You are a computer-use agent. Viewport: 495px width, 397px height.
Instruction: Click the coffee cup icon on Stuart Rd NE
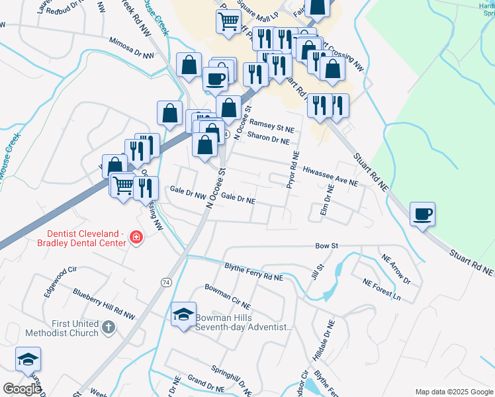point(422,214)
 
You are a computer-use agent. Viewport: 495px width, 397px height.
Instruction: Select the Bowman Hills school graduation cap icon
point(183,314)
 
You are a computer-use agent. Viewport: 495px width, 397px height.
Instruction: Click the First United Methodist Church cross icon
point(110,327)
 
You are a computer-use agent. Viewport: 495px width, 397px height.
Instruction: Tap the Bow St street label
point(327,245)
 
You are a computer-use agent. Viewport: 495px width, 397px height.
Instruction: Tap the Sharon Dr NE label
point(268,138)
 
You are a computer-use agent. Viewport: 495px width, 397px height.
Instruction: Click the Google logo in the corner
point(22,388)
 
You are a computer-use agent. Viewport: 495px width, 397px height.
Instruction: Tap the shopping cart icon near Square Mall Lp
point(228,21)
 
